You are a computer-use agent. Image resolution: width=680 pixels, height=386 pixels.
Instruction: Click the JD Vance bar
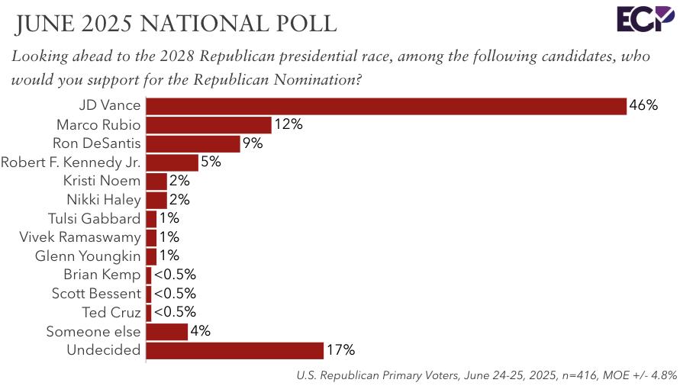tap(385, 106)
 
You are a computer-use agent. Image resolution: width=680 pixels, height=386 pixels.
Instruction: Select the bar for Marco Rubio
tap(208, 124)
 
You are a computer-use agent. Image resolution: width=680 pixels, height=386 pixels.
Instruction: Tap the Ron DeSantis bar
tap(193, 143)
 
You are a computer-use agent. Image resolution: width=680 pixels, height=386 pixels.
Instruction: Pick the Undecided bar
tap(234, 350)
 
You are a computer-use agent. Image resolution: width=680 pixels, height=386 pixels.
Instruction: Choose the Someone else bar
tap(166, 331)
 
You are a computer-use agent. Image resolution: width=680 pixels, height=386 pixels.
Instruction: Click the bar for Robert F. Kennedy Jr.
tap(172, 162)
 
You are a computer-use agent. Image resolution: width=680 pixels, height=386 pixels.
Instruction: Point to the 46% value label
tap(643, 106)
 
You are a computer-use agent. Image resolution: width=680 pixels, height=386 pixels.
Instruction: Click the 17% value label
tap(340, 350)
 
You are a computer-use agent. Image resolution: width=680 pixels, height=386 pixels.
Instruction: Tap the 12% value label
tap(288, 124)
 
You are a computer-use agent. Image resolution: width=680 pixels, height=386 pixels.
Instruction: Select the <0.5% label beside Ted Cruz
tap(175, 312)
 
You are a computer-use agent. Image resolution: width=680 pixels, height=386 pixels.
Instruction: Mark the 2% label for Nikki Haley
tap(179, 200)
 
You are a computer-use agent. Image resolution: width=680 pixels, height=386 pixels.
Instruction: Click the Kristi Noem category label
tap(103, 181)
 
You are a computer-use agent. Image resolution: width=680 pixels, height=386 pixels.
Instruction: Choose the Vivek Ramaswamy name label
tap(80, 237)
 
